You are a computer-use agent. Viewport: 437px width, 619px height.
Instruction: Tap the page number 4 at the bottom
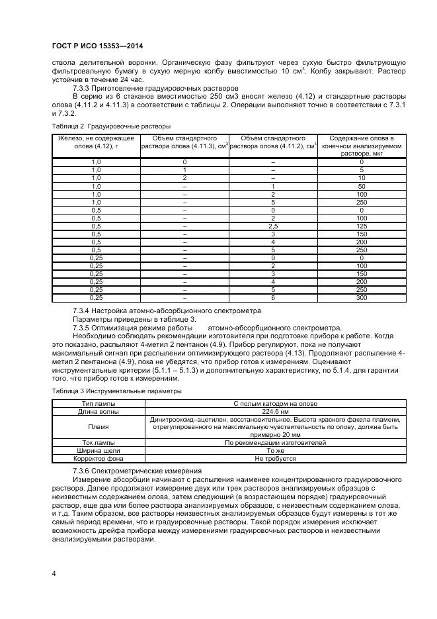[x=54, y=572]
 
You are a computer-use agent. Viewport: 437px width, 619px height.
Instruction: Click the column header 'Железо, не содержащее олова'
[x=96, y=142]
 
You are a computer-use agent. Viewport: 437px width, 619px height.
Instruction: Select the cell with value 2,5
[x=273, y=226]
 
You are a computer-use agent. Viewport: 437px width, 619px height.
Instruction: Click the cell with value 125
[x=362, y=226]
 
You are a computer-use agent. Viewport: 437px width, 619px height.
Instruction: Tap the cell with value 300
[x=362, y=297]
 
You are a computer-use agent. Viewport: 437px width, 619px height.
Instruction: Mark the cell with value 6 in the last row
[x=273, y=297]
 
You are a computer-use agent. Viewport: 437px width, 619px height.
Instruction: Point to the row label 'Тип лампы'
[x=98, y=403]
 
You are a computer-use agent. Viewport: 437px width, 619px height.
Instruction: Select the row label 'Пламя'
[x=98, y=427]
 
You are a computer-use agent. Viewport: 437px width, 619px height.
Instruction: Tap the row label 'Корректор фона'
[x=98, y=459]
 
